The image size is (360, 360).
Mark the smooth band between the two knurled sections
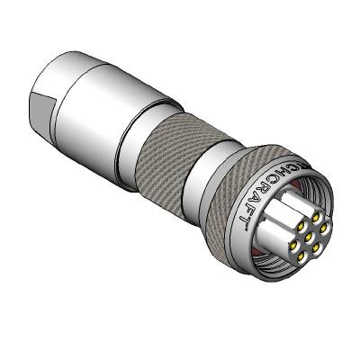tap(212, 175)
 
